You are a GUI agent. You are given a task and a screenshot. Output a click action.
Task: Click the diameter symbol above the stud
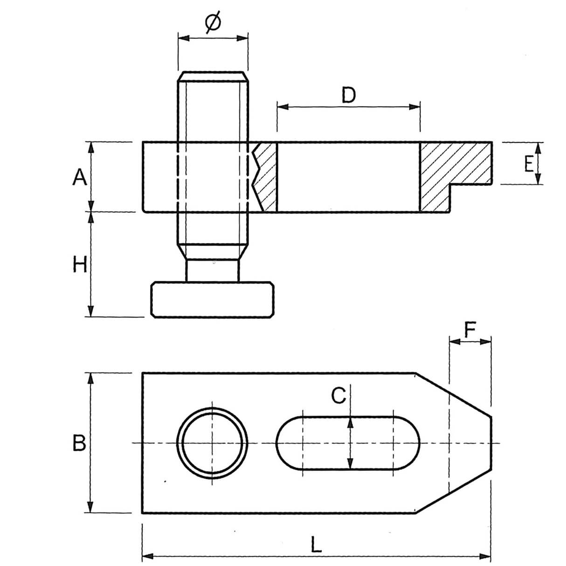coord(213,23)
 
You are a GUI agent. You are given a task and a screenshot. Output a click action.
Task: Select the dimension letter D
coord(348,95)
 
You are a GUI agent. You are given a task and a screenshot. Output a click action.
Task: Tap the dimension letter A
coord(79,177)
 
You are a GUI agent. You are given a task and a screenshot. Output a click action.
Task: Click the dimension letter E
coord(529,164)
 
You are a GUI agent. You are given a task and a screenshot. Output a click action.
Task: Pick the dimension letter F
coord(470,330)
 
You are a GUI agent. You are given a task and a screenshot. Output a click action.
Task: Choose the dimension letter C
coord(338,395)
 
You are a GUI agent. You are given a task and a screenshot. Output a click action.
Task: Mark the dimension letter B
coord(79,442)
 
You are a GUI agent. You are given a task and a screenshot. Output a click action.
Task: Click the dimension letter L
coord(316,544)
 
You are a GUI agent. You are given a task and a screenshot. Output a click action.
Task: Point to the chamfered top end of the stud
coord(213,76)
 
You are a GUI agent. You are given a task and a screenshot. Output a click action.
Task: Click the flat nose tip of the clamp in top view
coord(490,442)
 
